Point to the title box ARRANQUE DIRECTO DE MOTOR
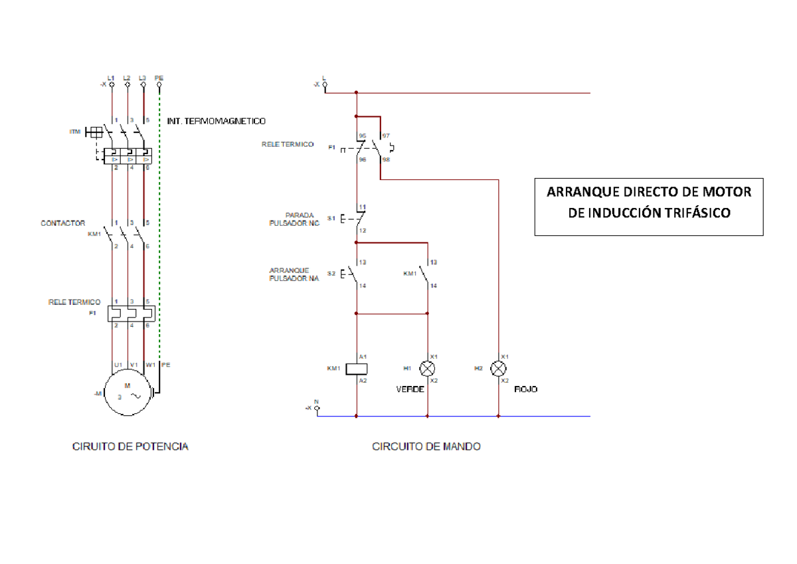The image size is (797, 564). pyautogui.click(x=649, y=203)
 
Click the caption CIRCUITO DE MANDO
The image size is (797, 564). pyautogui.click(x=426, y=447)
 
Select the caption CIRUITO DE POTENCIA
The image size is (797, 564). pyautogui.click(x=130, y=447)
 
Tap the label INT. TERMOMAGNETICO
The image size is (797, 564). pyautogui.click(x=217, y=122)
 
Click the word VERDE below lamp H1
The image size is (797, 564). pyautogui.click(x=410, y=390)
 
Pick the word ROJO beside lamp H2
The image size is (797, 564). pyautogui.click(x=526, y=390)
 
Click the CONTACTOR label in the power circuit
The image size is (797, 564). pyautogui.click(x=62, y=224)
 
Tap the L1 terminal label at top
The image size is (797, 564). pyautogui.click(x=111, y=77)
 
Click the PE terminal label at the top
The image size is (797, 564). pyautogui.click(x=159, y=77)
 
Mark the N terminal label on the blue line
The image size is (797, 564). pyautogui.click(x=316, y=401)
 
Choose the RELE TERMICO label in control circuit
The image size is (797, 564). pyautogui.click(x=288, y=144)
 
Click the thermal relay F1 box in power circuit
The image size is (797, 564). pyautogui.click(x=131, y=312)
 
